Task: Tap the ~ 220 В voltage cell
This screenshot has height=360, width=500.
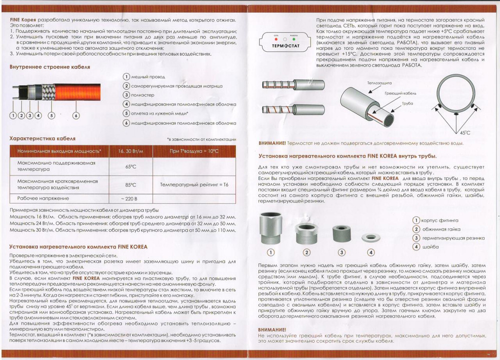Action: click(x=130, y=199)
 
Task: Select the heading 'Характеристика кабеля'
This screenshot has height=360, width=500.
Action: click(x=42, y=137)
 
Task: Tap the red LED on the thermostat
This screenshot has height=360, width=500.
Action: click(x=276, y=39)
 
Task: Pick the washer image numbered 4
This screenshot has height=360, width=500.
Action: click(x=371, y=236)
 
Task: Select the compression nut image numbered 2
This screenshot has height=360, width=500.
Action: click(x=306, y=231)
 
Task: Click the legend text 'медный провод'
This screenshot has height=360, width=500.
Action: click(x=148, y=77)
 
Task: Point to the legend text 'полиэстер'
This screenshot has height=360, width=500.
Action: click(x=143, y=95)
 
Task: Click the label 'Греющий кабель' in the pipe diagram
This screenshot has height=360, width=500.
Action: click(x=397, y=93)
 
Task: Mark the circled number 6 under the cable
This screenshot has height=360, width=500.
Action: click(x=76, y=115)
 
